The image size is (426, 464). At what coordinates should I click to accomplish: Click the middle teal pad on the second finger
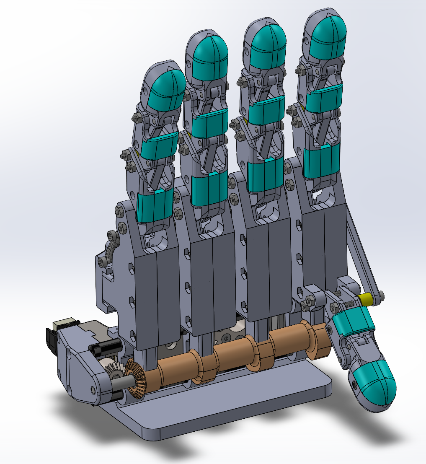[209, 122]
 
